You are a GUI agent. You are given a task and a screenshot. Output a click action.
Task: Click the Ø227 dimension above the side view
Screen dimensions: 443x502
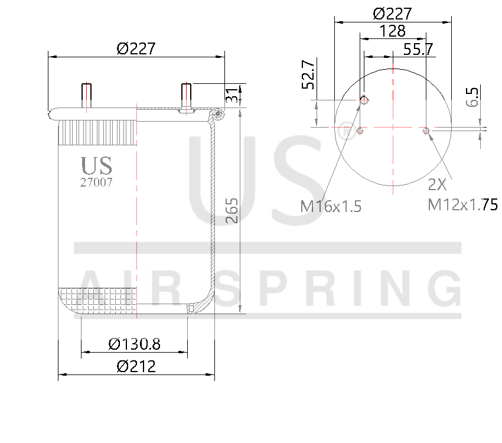tap(136, 48)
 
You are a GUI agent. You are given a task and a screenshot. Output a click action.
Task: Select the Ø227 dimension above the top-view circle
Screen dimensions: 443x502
tap(393, 14)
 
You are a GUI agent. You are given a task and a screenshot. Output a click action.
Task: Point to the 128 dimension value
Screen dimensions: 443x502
tap(393, 30)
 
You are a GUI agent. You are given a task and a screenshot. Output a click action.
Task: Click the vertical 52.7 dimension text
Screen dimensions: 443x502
tap(308, 75)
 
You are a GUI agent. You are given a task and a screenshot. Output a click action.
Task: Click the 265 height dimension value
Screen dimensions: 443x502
tap(232, 211)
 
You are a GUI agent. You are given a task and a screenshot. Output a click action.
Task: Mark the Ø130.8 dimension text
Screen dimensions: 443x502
tap(135, 343)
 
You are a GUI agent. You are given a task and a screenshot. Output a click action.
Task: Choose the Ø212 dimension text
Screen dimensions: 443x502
tap(136, 366)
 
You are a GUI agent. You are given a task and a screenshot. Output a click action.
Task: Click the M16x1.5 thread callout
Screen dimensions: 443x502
tap(330, 206)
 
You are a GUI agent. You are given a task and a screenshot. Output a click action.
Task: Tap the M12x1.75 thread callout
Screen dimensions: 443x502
tap(462, 205)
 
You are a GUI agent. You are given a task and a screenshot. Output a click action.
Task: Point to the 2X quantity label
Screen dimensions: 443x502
tap(437, 185)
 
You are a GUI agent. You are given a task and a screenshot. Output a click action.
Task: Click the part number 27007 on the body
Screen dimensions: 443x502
tap(96, 183)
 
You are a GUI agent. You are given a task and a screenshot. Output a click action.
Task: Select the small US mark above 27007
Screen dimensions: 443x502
tap(96, 166)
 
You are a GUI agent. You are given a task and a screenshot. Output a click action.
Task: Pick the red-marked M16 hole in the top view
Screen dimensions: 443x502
tap(364, 100)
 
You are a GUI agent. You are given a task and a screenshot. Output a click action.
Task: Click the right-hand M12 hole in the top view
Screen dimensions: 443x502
tap(426, 131)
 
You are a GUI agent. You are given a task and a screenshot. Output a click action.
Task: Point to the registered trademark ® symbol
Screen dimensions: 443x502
tap(344, 131)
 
